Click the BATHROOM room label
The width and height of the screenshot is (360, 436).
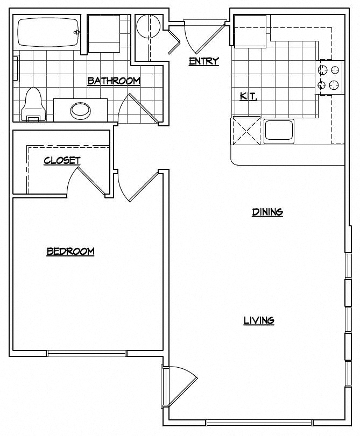point(114,81)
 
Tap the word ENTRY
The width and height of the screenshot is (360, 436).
point(204,61)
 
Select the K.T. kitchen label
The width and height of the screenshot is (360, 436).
point(248,97)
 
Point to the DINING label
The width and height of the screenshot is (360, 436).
point(267,212)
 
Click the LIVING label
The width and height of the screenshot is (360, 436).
point(259,321)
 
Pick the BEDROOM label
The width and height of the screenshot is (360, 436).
point(70,251)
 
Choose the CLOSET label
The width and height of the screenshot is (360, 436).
point(62,160)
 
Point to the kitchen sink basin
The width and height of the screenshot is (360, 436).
point(279,131)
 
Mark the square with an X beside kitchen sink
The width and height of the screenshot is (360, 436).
point(246,131)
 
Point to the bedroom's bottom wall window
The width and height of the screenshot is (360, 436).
point(86,353)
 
